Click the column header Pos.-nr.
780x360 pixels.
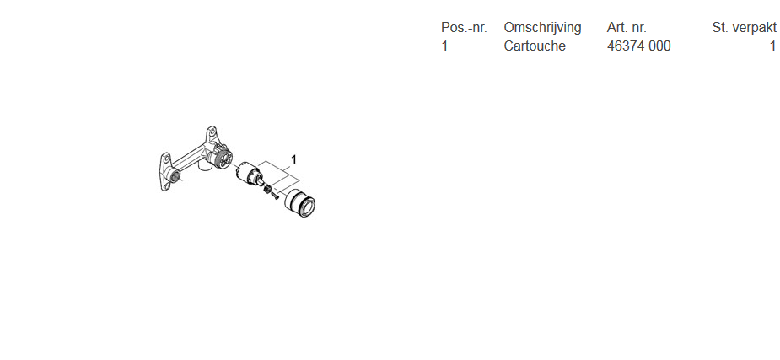click(464, 27)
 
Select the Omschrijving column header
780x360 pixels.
click(542, 27)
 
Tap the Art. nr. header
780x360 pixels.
click(627, 27)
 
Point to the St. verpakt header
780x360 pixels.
click(744, 27)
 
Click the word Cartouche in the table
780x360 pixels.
click(535, 46)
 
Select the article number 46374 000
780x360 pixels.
click(638, 46)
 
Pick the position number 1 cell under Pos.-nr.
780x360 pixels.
click(444, 46)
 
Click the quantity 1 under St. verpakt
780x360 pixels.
click(772, 46)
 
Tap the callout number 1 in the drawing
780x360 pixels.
click(294, 159)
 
